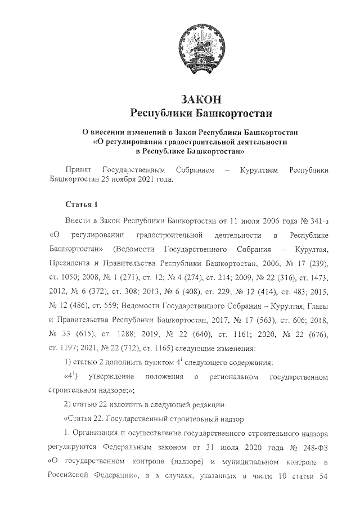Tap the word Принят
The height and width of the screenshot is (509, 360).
point(79,169)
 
